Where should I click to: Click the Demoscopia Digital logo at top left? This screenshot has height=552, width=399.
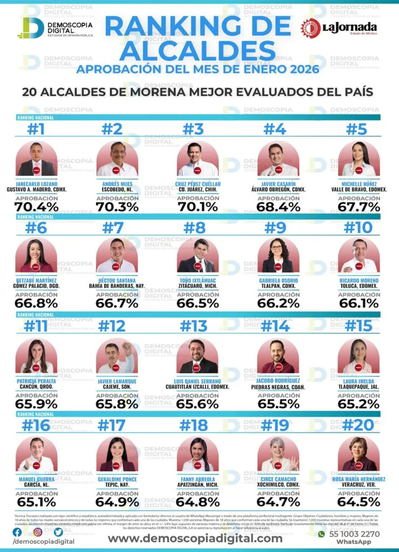point(55,28)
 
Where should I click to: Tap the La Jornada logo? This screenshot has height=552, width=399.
point(339,28)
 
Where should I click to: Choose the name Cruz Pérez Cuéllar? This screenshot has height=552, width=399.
point(198,184)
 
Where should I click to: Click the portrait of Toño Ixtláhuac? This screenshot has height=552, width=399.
point(198,256)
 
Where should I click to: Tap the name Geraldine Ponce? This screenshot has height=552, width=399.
point(117,479)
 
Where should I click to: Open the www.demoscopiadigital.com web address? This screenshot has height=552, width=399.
point(195,538)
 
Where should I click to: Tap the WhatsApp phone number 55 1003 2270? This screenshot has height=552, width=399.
point(356,534)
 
